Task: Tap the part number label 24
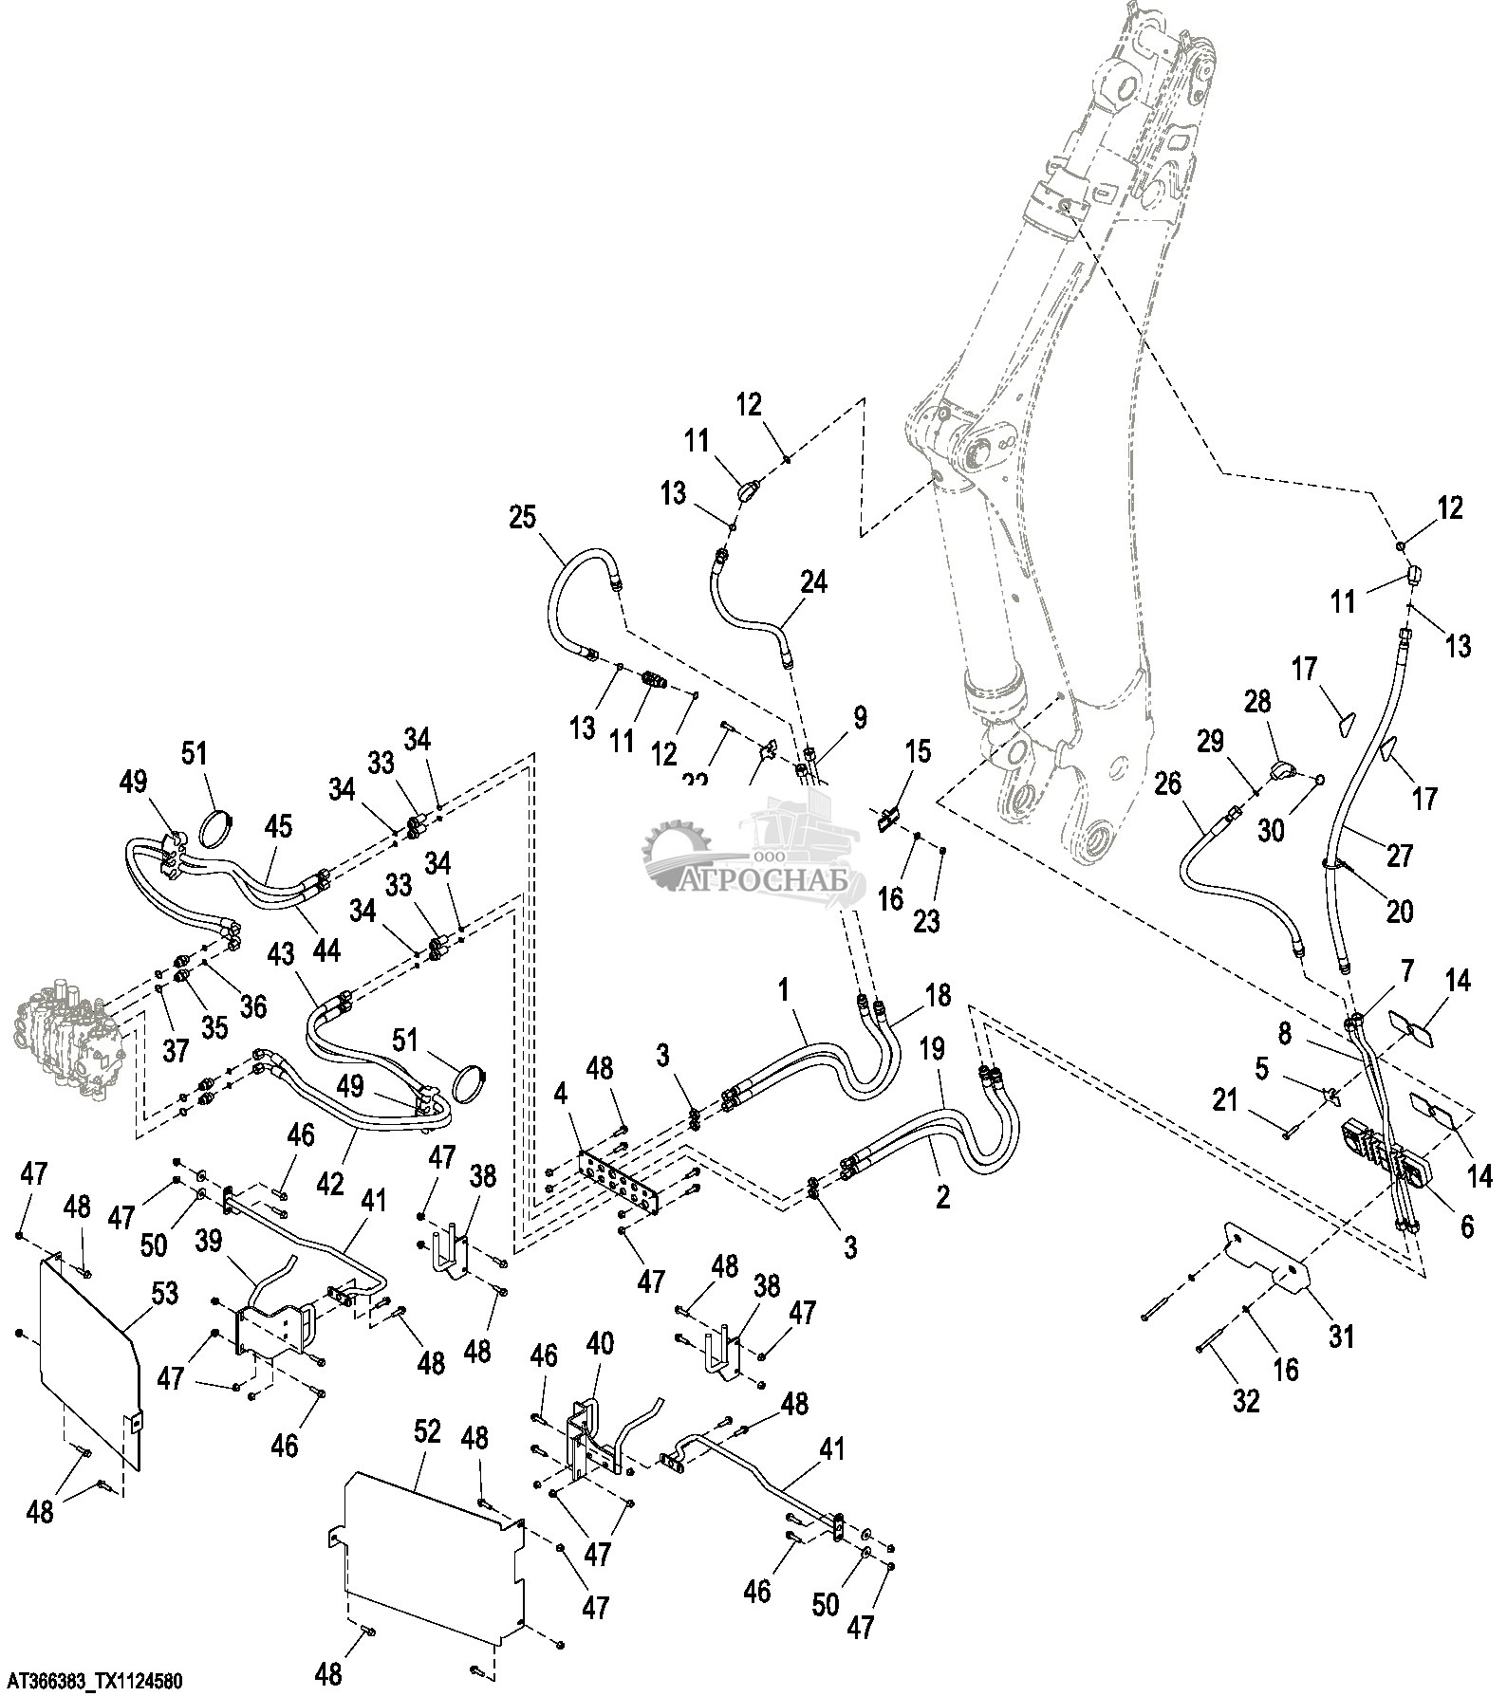pyautogui.click(x=813, y=581)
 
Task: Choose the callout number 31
pyautogui.click(x=1342, y=1336)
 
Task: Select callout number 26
pyautogui.click(x=1169, y=783)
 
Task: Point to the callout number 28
pyautogui.click(x=1257, y=703)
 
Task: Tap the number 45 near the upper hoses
pyautogui.click(x=278, y=826)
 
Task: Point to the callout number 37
pyautogui.click(x=177, y=1050)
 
